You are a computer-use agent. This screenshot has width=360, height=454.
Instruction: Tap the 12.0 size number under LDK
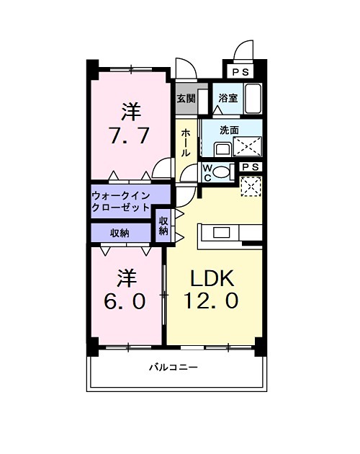click(213, 301)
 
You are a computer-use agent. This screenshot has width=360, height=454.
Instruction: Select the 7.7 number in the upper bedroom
click(130, 135)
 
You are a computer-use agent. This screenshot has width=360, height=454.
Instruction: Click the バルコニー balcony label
click(174, 367)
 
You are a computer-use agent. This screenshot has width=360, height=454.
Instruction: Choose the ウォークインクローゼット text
click(121, 200)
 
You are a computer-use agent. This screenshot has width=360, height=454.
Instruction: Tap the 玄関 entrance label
click(185, 98)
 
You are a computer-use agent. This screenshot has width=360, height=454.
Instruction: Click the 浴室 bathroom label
click(228, 98)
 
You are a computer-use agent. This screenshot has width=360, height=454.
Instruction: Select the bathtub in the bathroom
click(252, 99)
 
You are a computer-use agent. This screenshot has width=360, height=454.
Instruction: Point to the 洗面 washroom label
click(229, 130)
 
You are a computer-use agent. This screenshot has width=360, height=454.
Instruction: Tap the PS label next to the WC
click(251, 166)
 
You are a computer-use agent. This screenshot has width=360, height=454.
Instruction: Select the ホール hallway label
click(186, 143)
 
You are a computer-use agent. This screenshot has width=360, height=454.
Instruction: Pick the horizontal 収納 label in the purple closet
click(120, 233)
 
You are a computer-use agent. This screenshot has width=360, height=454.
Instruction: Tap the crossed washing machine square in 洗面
click(249, 146)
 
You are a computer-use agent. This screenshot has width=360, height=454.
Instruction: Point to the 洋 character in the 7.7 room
click(130, 112)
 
